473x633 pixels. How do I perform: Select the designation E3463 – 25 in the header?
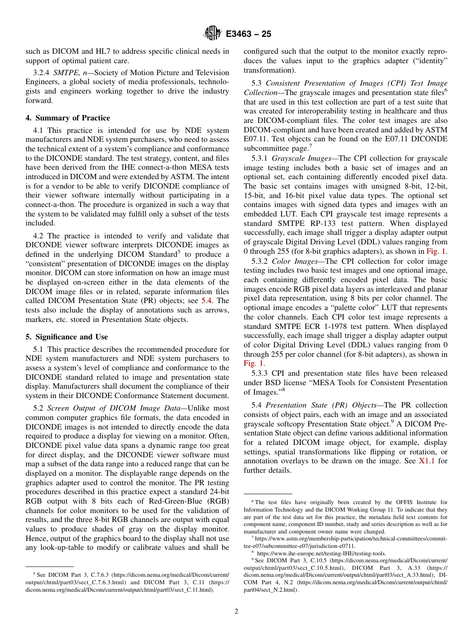tap(248, 34)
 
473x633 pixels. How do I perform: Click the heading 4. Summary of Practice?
tap(68, 118)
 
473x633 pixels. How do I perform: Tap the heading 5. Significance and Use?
tap(67, 337)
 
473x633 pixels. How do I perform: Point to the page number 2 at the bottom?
tap(236, 612)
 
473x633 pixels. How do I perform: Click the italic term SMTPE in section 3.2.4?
tap(65, 73)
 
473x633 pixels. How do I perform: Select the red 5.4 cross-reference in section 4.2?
tap(207, 301)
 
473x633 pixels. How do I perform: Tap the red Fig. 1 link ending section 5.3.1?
tap(437, 252)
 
